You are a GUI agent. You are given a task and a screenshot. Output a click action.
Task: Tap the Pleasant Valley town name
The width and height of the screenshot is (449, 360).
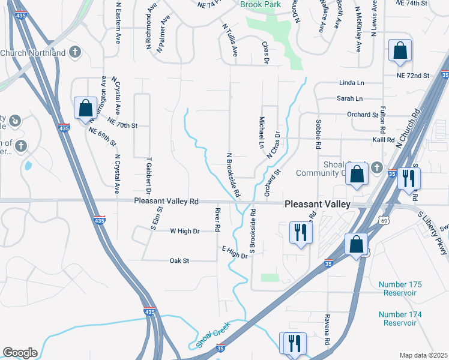click(317, 204)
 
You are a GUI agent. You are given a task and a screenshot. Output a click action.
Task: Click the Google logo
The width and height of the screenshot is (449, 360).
click(20, 353)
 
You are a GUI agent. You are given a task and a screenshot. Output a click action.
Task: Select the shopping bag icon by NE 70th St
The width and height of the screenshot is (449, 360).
click(85, 108)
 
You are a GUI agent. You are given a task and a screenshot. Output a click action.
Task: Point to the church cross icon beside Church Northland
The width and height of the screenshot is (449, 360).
click(75, 53)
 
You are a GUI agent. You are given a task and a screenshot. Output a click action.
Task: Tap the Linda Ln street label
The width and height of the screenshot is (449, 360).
click(351, 82)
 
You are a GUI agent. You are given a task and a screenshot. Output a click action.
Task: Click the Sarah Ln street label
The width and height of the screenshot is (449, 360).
click(349, 98)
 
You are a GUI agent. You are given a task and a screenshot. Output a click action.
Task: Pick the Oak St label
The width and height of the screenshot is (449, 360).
click(179, 261)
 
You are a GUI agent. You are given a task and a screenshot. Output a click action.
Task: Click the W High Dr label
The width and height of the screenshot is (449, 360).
click(184, 230)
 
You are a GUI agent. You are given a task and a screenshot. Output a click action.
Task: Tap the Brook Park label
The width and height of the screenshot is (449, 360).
click(261, 4)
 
